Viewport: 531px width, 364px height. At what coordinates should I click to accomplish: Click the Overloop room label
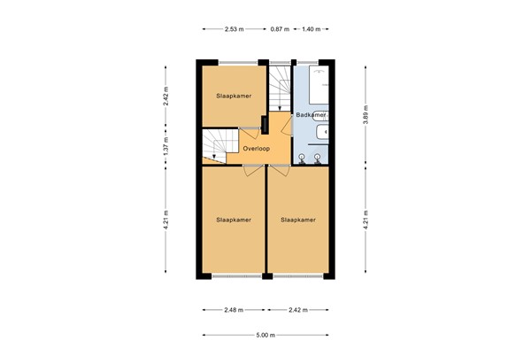[256, 149]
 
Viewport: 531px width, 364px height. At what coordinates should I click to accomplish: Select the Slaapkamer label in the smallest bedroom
[232, 95]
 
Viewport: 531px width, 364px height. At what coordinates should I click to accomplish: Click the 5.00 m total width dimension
[265, 335]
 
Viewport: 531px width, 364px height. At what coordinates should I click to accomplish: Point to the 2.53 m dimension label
[235, 29]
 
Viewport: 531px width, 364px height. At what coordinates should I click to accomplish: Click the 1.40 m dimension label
[311, 29]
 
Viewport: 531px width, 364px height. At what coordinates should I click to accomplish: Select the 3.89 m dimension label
[365, 112]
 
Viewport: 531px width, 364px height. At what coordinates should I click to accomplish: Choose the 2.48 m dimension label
[234, 310]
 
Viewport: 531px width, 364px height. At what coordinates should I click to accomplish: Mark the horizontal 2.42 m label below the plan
[298, 310]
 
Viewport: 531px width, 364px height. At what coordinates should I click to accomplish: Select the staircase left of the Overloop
[218, 147]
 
